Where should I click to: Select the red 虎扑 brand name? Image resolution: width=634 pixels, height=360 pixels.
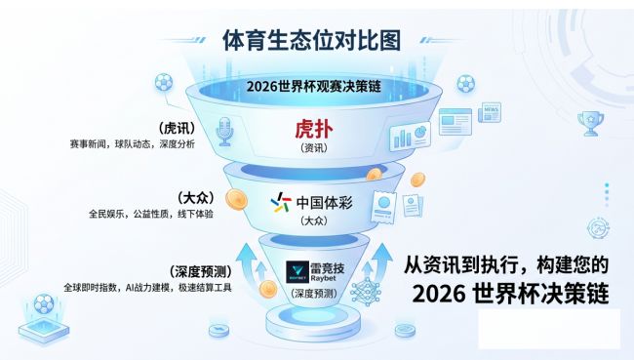(314, 130)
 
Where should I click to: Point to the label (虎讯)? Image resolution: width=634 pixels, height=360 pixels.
(177, 127)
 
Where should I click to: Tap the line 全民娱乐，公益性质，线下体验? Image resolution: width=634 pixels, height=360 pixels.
(150, 213)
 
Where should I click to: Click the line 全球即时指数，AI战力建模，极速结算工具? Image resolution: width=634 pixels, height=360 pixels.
(147, 288)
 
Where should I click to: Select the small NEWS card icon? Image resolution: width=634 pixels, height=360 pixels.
(490, 113)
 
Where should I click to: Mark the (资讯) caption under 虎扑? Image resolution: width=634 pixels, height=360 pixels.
(313, 147)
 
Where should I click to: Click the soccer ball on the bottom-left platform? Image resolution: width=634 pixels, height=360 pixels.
(43, 305)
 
